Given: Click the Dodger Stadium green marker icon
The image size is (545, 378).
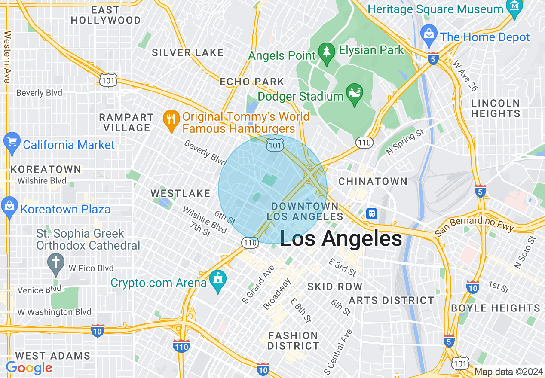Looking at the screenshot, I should pyautogui.click(x=355, y=94).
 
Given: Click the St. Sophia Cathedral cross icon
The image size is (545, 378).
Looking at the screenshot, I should pyautogui.click(x=56, y=262).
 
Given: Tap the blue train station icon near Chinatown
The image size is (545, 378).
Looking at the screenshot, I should pyautogui.click(x=372, y=213).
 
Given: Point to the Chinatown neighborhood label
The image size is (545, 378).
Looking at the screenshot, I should pyautogui.click(x=373, y=181).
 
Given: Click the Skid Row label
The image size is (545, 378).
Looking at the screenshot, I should pyautogui.click(x=335, y=287).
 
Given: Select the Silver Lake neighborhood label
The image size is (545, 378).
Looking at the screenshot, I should pyautogui.click(x=187, y=52).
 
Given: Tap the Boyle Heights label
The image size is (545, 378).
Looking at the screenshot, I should pyautogui.click(x=495, y=308).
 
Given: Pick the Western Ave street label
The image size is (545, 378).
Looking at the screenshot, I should pyautogui.click(x=7, y=57).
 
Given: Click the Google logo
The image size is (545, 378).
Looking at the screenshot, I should pyautogui.click(x=29, y=368).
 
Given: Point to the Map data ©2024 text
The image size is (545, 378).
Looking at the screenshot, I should pyautogui.click(x=508, y=372).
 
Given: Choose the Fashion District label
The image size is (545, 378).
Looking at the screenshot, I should pyautogui.click(x=294, y=340).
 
